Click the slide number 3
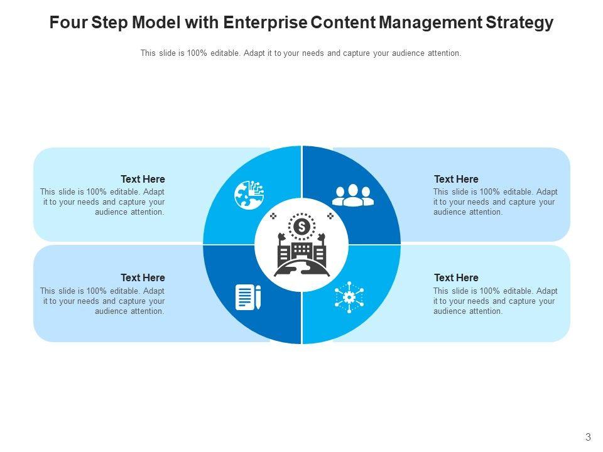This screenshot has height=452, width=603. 588,438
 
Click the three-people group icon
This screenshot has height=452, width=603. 352,195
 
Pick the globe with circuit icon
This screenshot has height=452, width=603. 249,195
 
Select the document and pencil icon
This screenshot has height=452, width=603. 247,297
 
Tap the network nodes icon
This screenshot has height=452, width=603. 349,296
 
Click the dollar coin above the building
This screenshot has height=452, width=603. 301,225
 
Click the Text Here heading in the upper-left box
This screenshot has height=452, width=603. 143,179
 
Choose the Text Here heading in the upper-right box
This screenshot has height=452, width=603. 456,179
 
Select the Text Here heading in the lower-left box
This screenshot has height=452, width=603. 143,277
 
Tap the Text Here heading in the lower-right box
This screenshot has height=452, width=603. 456,277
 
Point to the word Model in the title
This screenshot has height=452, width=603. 156,23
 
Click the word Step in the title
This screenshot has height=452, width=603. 111,23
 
